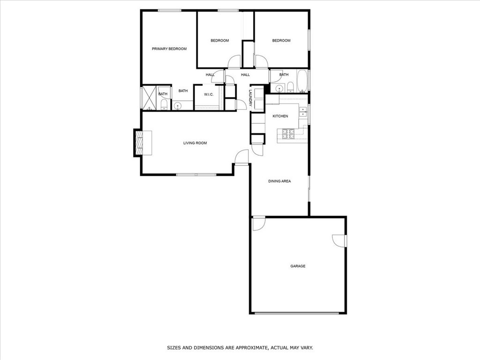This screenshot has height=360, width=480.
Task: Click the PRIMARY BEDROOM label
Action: tap(169, 49)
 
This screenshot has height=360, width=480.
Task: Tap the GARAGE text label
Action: tap(298, 266)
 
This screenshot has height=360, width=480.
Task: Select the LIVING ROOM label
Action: tap(195, 143)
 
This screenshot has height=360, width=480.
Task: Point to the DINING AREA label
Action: tap(279, 181)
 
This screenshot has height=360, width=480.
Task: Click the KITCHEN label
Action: tap(280, 116)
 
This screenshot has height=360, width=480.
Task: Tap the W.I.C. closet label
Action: tap(209, 95)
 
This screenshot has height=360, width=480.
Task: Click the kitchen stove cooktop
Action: tap(287, 135)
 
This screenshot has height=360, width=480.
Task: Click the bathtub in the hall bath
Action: tap(302, 81)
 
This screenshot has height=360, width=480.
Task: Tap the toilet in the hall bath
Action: tap(290, 87)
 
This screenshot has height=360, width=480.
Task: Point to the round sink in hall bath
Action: tap(279, 88)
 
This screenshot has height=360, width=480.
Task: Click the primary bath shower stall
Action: tap(150, 97)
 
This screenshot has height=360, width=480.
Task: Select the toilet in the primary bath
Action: tap(164, 105)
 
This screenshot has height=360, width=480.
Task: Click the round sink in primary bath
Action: tap(178, 105)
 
